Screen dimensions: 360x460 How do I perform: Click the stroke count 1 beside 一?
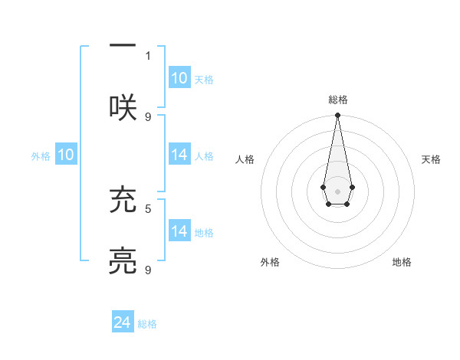[x=148, y=55]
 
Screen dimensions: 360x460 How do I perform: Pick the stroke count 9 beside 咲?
[x=148, y=116]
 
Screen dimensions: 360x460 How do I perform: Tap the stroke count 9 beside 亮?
[x=148, y=270]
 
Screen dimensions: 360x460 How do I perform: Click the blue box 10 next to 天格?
[x=179, y=78]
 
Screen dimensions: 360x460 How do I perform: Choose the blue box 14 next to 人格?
[x=179, y=155]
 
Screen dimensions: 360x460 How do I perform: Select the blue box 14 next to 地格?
[x=179, y=231]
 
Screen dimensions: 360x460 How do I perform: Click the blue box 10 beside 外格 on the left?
[x=66, y=155]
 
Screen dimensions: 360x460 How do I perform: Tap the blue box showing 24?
[x=123, y=323]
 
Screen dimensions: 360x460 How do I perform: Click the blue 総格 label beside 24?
[x=147, y=324]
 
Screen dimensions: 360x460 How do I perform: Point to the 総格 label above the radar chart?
[x=337, y=100]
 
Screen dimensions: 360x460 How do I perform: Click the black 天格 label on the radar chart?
[x=431, y=159]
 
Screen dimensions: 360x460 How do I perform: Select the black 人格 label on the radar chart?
[x=245, y=159]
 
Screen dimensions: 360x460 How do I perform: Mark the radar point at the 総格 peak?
[x=337, y=116]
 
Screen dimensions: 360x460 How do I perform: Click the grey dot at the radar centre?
[x=337, y=190]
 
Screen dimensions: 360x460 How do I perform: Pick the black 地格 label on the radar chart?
[x=402, y=262]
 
